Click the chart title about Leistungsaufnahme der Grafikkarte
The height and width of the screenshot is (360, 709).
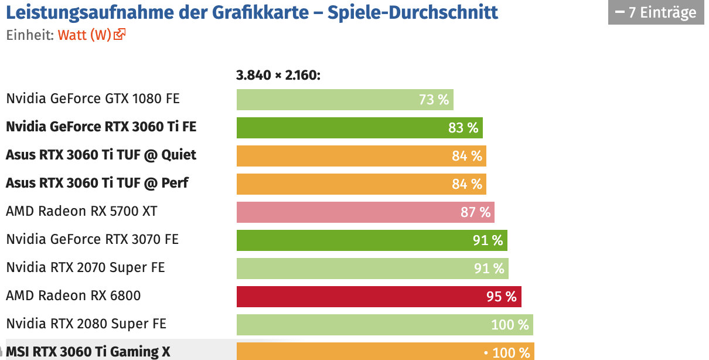pos(252,12)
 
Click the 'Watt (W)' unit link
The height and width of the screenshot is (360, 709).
pos(84,35)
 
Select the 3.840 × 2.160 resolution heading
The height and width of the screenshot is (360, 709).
pos(278,75)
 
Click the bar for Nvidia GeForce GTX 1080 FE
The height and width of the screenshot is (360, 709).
pos(345,100)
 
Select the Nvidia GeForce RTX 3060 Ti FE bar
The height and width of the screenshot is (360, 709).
pos(359,128)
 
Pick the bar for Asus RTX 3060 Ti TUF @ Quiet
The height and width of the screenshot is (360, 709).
pos(361,156)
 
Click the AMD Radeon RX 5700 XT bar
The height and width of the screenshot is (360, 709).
pos(365,212)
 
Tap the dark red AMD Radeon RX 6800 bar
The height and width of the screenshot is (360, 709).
pos(379,297)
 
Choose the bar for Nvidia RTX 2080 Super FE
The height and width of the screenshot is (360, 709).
pos(384,325)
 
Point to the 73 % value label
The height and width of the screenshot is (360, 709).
pos(434,100)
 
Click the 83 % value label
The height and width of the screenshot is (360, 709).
pos(463,128)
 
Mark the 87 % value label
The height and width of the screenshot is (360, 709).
pos(475,212)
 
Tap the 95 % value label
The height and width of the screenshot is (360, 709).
pos(502,297)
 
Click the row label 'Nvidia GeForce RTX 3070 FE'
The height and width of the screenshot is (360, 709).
pos(92,239)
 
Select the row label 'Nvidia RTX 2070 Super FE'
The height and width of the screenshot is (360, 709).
pos(86,267)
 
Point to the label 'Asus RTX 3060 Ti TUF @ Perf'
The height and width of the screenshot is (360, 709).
pos(97,183)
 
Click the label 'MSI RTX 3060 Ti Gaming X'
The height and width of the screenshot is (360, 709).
pos(88,352)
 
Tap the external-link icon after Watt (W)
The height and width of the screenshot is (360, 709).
pos(120,35)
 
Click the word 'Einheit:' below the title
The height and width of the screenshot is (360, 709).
pos(30,35)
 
